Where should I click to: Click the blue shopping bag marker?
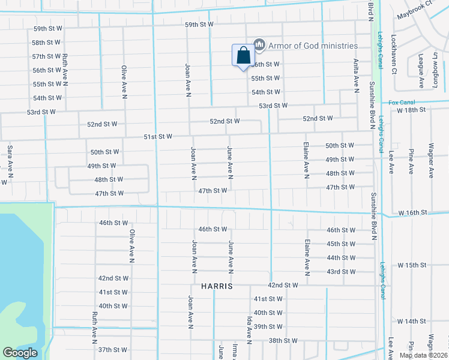tap(243, 56)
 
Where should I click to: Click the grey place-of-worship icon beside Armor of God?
tap(259, 44)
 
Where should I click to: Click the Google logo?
tap(20, 353)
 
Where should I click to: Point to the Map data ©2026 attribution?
tap(424, 355)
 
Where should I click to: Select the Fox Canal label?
tap(402, 103)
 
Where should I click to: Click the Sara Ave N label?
tap(10, 163)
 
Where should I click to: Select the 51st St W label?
tap(158, 137)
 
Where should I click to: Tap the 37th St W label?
tap(113, 350)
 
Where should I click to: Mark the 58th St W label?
tap(46, 43)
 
